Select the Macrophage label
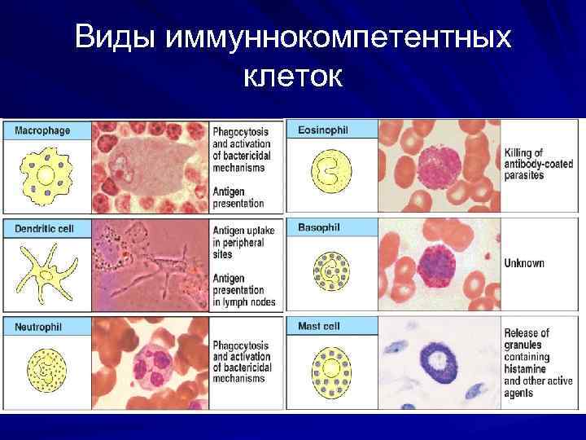42,130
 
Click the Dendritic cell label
44,229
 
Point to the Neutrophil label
38,327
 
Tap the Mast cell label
319,326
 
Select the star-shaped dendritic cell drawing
45,274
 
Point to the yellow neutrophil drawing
46,370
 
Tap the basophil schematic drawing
332,271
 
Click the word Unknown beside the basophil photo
524,263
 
